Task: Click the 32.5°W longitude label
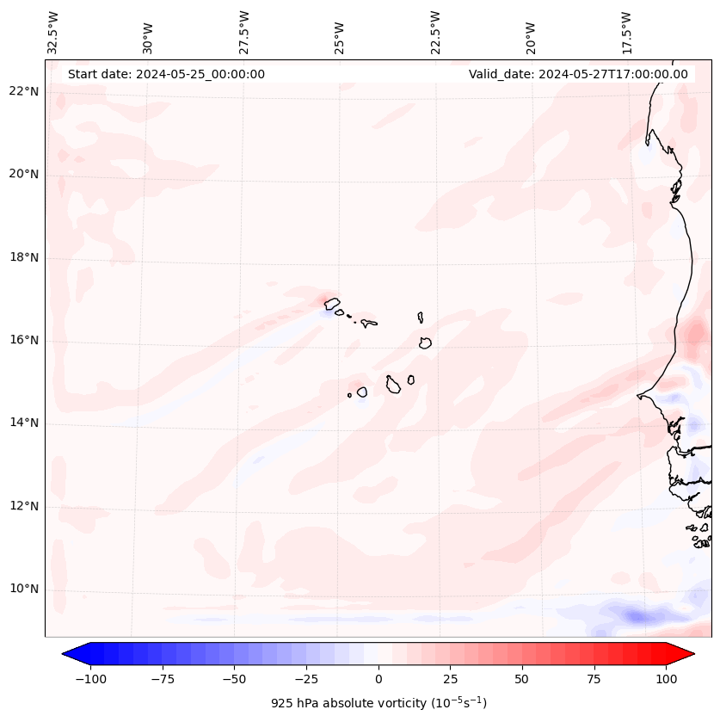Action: pos(53,33)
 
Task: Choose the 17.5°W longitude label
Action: pos(626,33)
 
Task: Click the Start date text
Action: pos(166,74)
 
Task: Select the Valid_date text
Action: pos(578,74)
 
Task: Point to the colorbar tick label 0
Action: pos(378,679)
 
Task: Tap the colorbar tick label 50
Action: pos(521,679)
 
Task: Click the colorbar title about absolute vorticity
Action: pos(378,703)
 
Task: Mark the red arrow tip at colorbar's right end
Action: pos(693,654)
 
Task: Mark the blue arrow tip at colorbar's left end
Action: pos(64,654)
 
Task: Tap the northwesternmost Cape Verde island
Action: pos(332,303)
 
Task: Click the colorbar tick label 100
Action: pos(666,679)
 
